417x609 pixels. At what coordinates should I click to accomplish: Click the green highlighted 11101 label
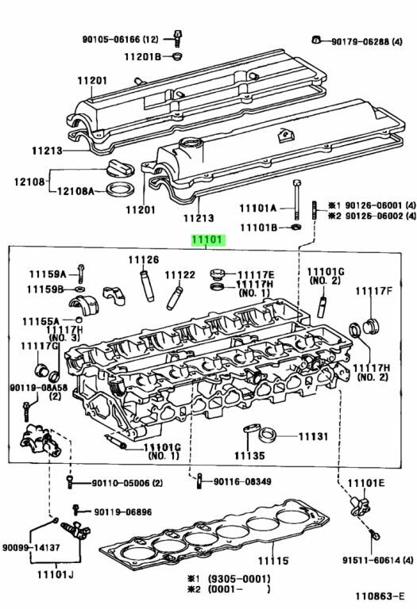(208, 240)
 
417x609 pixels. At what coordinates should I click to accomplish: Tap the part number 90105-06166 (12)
(121, 39)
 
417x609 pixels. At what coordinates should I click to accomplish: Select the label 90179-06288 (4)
(367, 41)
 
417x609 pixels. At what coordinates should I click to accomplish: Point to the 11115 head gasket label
(273, 561)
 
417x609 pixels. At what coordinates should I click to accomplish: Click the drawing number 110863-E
(379, 596)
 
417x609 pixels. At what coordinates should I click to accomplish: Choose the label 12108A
(75, 191)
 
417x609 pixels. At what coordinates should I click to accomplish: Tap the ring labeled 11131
(268, 435)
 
